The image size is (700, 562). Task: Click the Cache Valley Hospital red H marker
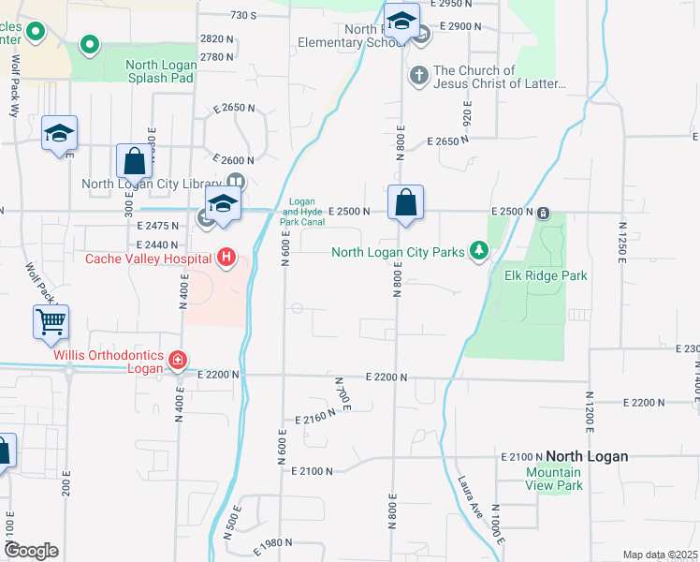pyautogui.click(x=226, y=256)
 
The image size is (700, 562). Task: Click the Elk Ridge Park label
pyautogui.click(x=545, y=275)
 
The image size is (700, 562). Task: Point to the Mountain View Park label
pyautogui.click(x=554, y=479)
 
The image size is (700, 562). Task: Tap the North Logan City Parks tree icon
pyautogui.click(x=479, y=250)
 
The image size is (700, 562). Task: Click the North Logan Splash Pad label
pyautogui.click(x=160, y=71)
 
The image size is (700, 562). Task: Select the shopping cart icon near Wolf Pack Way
pyautogui.click(x=51, y=322)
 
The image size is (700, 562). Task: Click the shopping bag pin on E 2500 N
pyautogui.click(x=405, y=202)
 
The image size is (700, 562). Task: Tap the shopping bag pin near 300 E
pyautogui.click(x=134, y=161)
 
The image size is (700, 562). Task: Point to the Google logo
pyautogui.click(x=31, y=551)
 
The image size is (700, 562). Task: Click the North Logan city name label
pyautogui.click(x=587, y=456)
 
